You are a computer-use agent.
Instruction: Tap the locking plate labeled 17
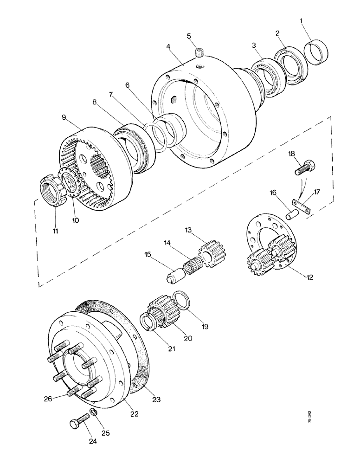(x=302, y=205)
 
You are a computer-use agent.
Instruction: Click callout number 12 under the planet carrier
(x=310, y=278)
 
